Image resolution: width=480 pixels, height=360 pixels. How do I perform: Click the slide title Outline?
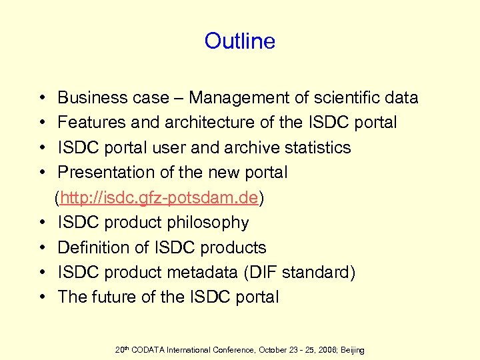click(239, 41)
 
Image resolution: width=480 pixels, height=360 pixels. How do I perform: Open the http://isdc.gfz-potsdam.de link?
click(159, 197)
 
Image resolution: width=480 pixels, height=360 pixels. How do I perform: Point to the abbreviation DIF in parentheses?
click(269, 273)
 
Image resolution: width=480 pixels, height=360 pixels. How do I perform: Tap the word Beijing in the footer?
click(350, 350)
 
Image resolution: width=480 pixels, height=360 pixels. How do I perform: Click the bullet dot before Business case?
click(42, 98)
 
